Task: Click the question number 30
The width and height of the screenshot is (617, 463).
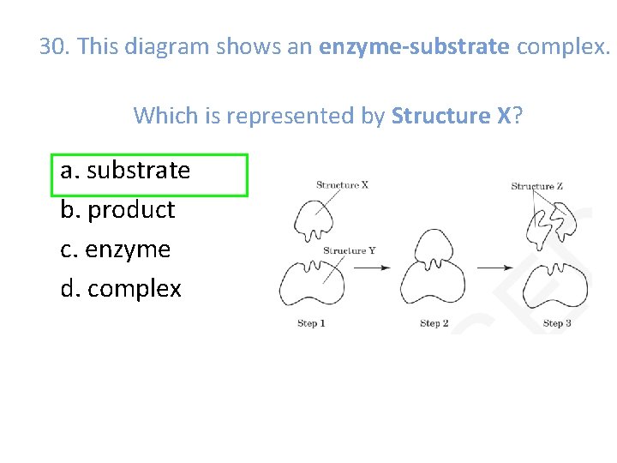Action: (56, 46)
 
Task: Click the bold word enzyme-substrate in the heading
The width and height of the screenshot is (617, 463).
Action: (414, 46)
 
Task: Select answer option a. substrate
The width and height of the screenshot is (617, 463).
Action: (125, 171)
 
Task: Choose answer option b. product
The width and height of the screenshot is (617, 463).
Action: (117, 210)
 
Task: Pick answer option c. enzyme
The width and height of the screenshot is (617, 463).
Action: (116, 250)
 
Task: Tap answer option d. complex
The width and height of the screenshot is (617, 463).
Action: (121, 289)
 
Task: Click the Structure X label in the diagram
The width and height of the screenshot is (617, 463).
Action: (342, 184)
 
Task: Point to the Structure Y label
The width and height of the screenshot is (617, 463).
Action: (349, 250)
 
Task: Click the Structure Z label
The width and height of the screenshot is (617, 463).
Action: (536, 185)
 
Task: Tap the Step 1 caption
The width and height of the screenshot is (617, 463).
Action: (311, 323)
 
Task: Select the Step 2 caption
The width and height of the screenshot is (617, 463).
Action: (434, 323)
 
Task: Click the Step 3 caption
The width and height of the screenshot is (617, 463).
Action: (558, 323)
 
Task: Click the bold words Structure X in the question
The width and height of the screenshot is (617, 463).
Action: (451, 114)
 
